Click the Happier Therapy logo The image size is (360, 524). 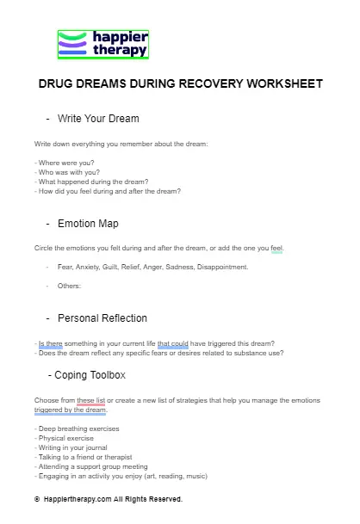[x=102, y=45]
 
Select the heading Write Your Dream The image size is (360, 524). [x=97, y=118]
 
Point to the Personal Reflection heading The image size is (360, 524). [x=102, y=318]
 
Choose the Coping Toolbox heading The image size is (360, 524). [x=89, y=375]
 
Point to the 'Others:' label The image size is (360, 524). [x=69, y=286]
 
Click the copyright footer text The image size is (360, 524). [x=108, y=498]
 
